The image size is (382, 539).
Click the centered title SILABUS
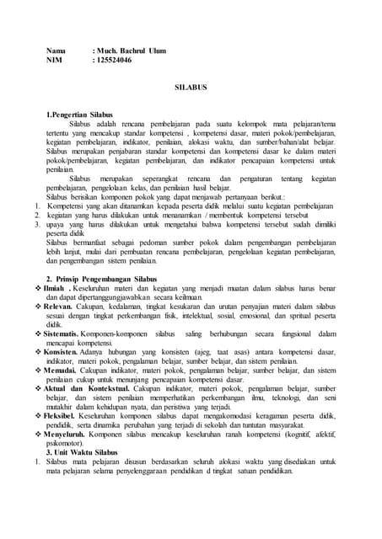click(x=191, y=87)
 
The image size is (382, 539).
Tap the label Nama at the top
click(x=56, y=51)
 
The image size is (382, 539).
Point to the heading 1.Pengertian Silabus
click(x=79, y=113)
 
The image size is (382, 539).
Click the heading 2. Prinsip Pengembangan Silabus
click(x=101, y=278)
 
